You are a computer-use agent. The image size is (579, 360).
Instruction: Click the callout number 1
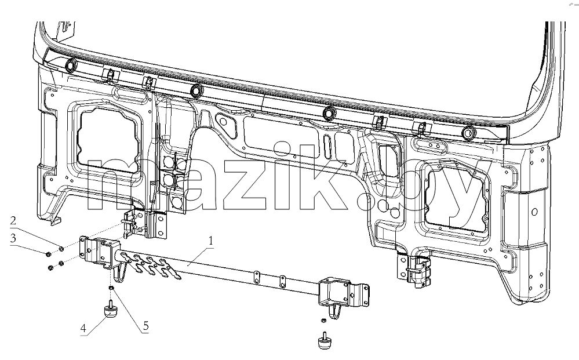pyautogui.click(x=211, y=241)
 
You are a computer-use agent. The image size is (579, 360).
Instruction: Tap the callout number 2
pyautogui.click(x=13, y=221)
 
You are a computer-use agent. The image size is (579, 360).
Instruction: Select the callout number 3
pyautogui.click(x=13, y=238)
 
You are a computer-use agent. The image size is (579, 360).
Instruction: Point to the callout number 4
pyautogui.click(x=83, y=328)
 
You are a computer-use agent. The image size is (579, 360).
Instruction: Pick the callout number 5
pyautogui.click(x=146, y=326)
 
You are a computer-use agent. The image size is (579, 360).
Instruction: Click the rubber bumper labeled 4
pyautogui.click(x=110, y=310)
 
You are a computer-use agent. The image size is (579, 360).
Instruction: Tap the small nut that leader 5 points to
pyautogui.click(x=111, y=288)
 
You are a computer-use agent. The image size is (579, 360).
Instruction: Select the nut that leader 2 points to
pyautogui.click(x=61, y=249)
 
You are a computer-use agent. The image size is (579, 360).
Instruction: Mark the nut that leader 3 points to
pyautogui.click(x=48, y=254)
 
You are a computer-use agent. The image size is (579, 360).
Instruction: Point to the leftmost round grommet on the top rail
pyautogui.click(x=70, y=66)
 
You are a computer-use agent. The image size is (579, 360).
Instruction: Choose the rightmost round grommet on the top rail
pyautogui.click(x=468, y=133)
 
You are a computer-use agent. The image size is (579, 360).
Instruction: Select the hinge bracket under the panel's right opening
pyautogui.click(x=414, y=270)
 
